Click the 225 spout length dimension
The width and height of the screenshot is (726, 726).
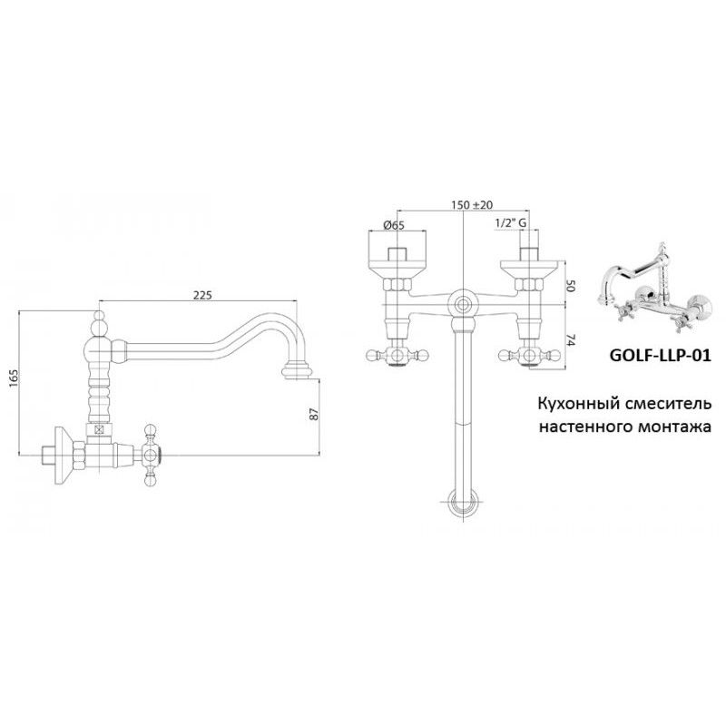tap(202, 295)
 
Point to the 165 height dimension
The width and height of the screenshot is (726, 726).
tap(14, 378)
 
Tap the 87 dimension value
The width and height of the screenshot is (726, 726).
tap(314, 414)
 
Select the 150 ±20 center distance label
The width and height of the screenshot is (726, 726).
tap(472, 205)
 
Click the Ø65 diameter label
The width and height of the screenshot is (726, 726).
tap(394, 225)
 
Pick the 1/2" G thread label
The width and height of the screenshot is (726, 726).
tap(511, 222)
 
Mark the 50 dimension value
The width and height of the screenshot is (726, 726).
tap(571, 286)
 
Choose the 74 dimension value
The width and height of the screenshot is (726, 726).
tap(571, 342)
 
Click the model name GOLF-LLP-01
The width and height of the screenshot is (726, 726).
tap(660, 355)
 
